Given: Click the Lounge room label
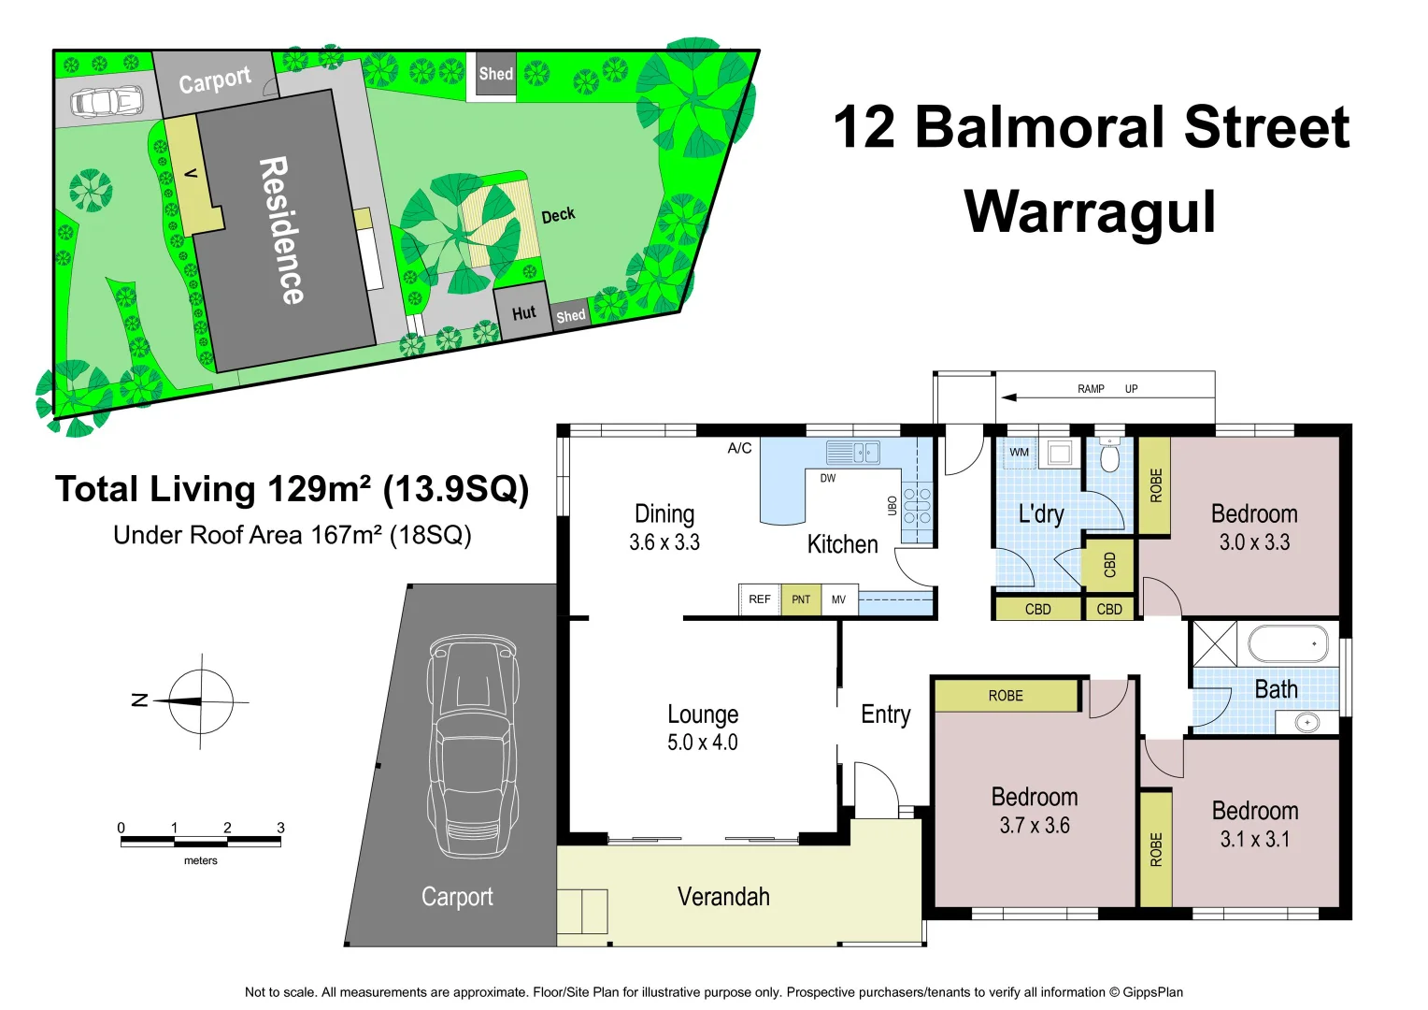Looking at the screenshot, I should tap(703, 714).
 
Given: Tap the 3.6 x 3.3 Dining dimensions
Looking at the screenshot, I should tap(664, 542).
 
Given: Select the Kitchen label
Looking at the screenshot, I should tap(842, 544).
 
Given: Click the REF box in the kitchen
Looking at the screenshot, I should tap(760, 599).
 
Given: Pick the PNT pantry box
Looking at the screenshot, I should tap(801, 599).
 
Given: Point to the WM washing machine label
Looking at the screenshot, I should tap(1019, 453).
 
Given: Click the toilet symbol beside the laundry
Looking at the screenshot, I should tap(1109, 456).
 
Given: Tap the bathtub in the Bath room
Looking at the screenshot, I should tap(1288, 644).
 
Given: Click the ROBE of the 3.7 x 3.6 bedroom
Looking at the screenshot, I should tap(1006, 696).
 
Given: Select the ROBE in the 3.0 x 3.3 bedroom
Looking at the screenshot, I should tap(1156, 485).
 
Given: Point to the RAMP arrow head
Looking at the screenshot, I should tap(1007, 397).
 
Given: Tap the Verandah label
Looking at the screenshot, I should tap(723, 897).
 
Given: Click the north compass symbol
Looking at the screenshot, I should tap(200, 701).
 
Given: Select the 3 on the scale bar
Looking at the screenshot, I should tap(280, 828).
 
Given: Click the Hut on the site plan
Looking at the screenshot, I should tap(523, 312).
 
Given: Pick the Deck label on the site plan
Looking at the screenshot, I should tap(558, 215).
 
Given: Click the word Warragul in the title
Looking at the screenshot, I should tap(1090, 212).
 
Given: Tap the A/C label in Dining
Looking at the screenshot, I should tap(739, 448).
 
